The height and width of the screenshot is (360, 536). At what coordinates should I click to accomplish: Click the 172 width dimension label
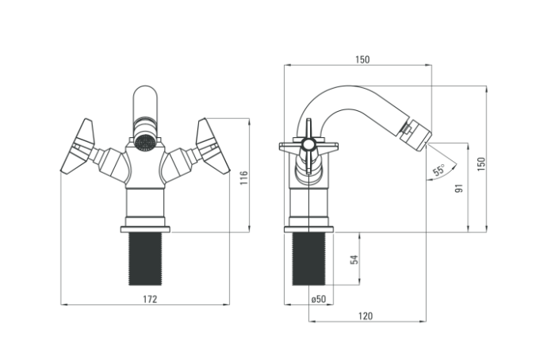tap(150, 299)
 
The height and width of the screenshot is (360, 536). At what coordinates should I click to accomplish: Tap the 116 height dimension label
tap(243, 178)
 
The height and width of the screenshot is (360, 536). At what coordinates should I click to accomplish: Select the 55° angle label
tap(439, 170)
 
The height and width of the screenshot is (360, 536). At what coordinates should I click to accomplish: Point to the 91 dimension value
tap(459, 188)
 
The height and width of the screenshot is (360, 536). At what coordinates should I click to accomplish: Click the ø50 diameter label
tap(319, 299)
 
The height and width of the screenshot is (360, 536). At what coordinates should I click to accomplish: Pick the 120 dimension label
tap(366, 316)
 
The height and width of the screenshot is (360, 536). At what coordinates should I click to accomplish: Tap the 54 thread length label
tap(354, 259)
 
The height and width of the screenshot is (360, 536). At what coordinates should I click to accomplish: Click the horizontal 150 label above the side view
tap(362, 59)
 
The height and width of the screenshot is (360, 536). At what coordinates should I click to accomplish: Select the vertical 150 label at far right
tap(481, 164)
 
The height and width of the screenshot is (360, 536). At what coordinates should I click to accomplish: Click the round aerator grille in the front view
tap(144, 141)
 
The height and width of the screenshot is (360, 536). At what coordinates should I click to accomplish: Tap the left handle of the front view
tap(78, 146)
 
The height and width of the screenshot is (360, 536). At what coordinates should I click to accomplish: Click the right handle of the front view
tap(212, 146)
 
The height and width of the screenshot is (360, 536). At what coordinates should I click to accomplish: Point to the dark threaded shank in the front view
tap(145, 259)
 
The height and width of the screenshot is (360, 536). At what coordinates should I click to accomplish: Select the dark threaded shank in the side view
tap(308, 259)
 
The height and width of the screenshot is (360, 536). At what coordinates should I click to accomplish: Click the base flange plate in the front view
tap(145, 229)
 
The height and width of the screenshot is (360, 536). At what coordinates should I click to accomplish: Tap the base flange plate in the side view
tap(308, 229)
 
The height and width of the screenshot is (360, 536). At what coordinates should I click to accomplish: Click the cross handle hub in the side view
tap(308, 145)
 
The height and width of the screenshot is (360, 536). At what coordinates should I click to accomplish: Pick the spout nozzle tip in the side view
tap(415, 133)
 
